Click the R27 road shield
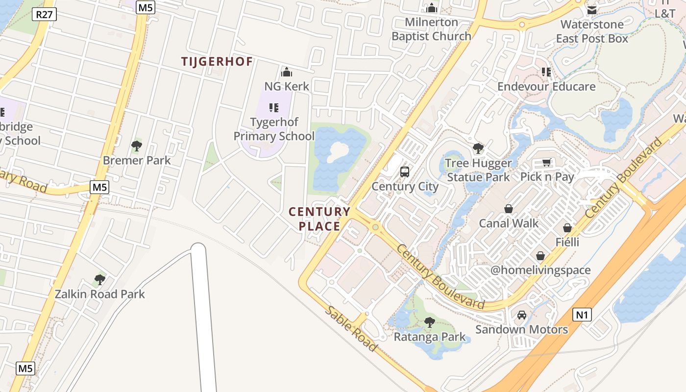pos(45,14)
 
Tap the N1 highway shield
pos(582,314)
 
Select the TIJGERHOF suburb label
pos(217,62)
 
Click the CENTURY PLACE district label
pos(319,219)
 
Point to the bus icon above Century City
pos(405,172)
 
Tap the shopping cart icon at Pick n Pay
pos(547,162)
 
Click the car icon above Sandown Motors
pos(522,315)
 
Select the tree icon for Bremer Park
pos(137,146)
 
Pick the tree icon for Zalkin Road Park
pos(100,280)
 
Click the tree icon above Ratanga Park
pos(430,322)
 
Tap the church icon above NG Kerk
pos(287,72)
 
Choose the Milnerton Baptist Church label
pos(431,29)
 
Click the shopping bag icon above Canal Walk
pos(509,209)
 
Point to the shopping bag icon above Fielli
pos(567,228)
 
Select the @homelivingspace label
pos(540,270)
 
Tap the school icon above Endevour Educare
pos(546,72)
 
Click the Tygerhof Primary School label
pos(274,129)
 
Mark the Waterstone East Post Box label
pos(592,31)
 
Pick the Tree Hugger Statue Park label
pos(478,170)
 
